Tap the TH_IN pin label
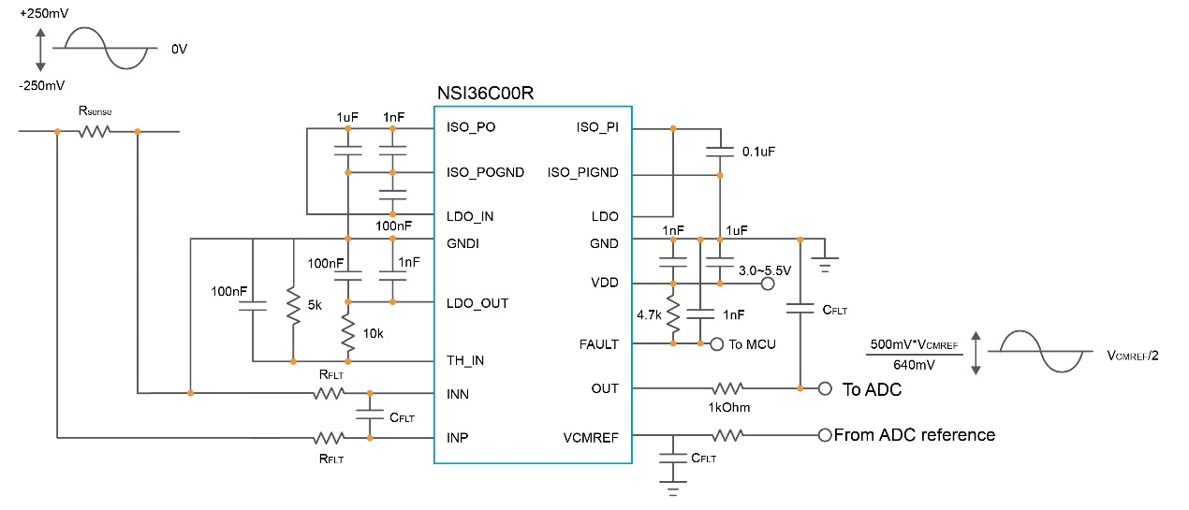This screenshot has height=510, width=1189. tap(466, 360)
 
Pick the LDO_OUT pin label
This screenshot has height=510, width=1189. tap(478, 303)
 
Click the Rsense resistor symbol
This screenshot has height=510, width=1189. tap(95, 132)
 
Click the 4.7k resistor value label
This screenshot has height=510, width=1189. tap(648, 315)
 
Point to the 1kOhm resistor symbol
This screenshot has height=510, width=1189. tap(729, 388)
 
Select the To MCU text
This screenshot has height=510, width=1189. tap(753, 344)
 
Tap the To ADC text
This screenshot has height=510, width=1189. tap(872, 390)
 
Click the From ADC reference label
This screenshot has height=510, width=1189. tap(914, 435)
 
